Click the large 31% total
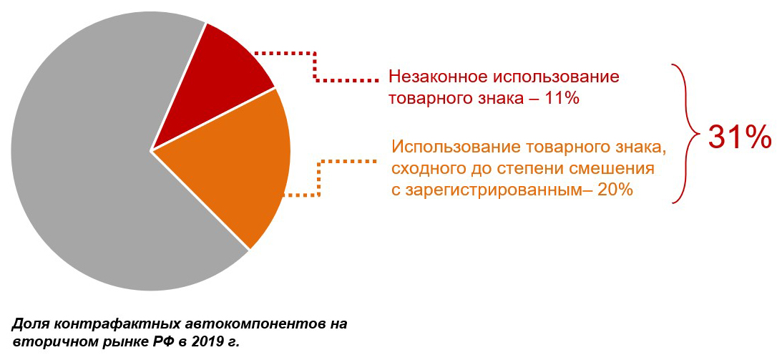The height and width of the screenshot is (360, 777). (x=739, y=137)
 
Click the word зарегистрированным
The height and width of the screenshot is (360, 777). (x=501, y=190)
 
